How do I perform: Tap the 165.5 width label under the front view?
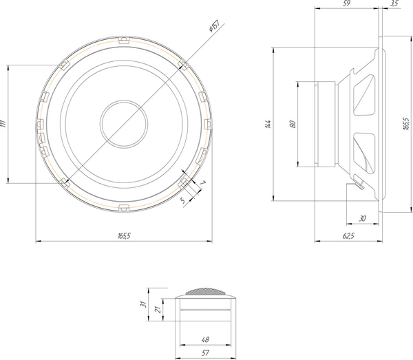coord(124,236)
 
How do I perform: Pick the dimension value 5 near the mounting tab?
coord(182,200)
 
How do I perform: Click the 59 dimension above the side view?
coord(346,4)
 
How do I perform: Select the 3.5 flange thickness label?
coord(393,4)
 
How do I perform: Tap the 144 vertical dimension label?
coord(268,124)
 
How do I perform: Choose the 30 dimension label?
coord(362,219)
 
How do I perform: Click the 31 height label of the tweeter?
coord(142,303)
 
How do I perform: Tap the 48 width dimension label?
coord(205,339)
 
